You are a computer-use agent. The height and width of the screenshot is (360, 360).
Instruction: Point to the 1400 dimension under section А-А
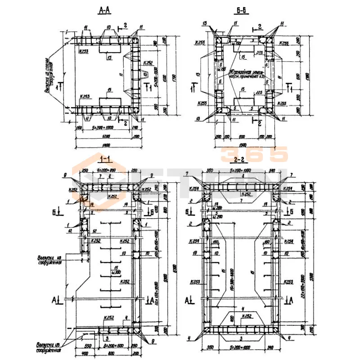[107, 145]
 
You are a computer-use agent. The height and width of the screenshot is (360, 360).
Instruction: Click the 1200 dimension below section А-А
[107, 135]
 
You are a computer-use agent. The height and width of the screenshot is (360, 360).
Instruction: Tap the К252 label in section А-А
[148, 63]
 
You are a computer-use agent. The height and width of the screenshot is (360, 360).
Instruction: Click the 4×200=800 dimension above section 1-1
[107, 171]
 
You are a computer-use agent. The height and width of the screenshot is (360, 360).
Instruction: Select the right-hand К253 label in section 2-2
[288, 282]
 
